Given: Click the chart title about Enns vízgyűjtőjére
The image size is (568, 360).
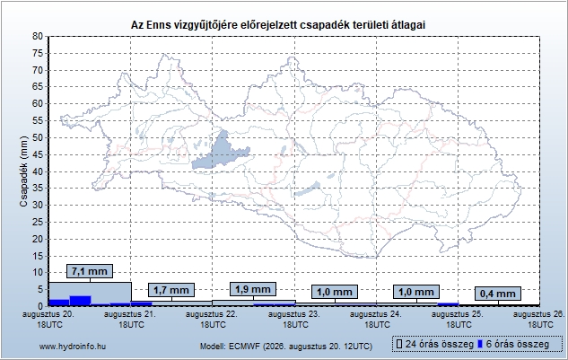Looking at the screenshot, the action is (x=278, y=25).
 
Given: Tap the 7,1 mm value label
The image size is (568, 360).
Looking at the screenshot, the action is (x=90, y=271).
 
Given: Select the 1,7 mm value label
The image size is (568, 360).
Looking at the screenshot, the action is (x=171, y=290).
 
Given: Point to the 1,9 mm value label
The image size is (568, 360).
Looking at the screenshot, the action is (x=253, y=289).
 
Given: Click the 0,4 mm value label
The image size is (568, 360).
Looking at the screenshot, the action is (x=498, y=294).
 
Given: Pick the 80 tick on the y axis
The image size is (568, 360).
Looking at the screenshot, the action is (x=38, y=36).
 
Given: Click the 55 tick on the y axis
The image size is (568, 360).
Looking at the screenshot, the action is (x=38, y=120).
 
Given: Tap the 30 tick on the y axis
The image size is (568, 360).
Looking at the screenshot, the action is (x=38, y=206).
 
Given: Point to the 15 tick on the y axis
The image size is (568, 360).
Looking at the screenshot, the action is (x=38, y=256).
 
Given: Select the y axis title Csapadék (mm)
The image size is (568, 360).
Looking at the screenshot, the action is (x=23, y=171).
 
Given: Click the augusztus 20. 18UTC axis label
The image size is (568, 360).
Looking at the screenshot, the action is (x=48, y=320).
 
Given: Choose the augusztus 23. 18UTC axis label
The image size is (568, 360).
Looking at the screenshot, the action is (x=294, y=320).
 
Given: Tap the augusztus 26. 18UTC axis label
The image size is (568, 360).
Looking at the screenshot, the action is (x=539, y=320).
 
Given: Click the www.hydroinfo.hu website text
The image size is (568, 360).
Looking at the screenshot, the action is (x=73, y=347).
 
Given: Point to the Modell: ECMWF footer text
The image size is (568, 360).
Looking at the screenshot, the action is (x=286, y=347).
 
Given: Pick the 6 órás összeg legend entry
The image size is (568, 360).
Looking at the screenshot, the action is (x=513, y=344).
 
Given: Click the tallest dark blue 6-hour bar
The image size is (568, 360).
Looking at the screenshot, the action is (x=80, y=301).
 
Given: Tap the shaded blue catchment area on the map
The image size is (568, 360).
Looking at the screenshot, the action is (x=221, y=151).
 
